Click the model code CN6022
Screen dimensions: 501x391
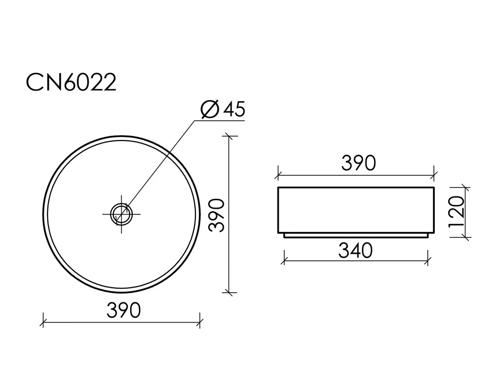(71, 82)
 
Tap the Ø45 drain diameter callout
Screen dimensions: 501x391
(223, 109)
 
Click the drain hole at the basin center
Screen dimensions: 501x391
(121, 214)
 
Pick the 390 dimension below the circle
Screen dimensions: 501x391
(124, 310)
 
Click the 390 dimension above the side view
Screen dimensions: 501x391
(359, 163)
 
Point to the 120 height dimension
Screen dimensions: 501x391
(456, 212)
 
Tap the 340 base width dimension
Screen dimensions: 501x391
(355, 251)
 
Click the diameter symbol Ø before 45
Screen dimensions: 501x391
(209, 109)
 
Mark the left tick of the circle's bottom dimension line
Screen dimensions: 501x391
(43, 322)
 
